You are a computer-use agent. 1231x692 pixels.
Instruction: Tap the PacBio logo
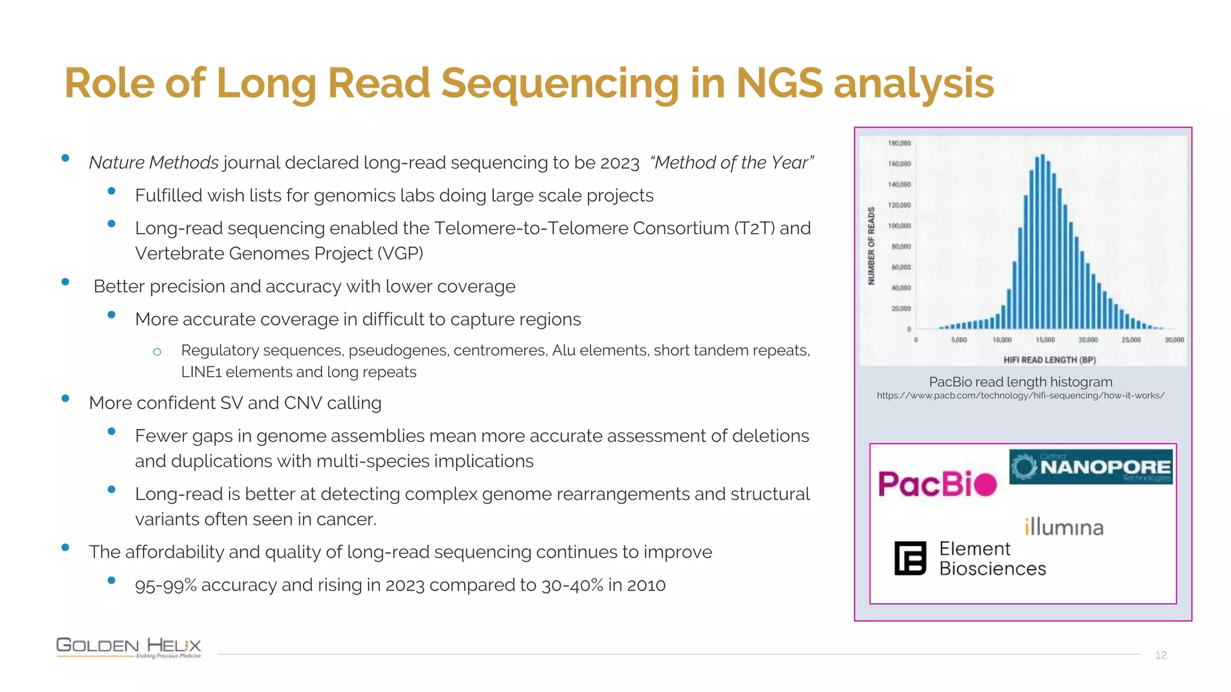[x=937, y=484]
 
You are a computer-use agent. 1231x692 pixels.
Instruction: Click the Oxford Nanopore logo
[x=1090, y=467]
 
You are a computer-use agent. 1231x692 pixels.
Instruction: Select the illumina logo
[x=1064, y=527]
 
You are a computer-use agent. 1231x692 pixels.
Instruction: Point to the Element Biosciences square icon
[x=910, y=559]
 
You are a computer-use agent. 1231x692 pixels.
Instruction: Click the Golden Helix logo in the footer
[x=129, y=648]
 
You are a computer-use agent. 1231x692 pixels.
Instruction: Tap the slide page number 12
[x=1161, y=655]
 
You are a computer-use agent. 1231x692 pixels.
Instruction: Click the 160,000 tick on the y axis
[x=899, y=164]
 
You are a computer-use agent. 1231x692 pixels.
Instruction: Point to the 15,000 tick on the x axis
[x=1045, y=340]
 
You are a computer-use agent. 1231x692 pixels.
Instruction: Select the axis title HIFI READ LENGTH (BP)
[x=1049, y=360]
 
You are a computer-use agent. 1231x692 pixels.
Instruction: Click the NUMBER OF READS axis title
[x=871, y=246]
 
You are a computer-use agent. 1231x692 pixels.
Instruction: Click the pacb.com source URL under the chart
[x=1020, y=396]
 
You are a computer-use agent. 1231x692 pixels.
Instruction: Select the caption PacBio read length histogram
[x=1020, y=382]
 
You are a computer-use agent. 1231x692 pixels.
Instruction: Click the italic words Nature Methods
[x=153, y=163]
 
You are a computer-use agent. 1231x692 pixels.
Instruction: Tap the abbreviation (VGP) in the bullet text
[x=400, y=253]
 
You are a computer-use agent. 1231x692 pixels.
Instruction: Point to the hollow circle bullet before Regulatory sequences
[x=157, y=352]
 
